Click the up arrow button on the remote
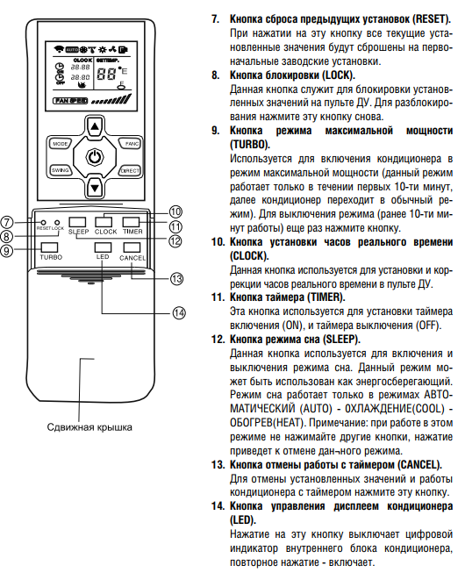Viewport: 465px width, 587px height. (95, 126)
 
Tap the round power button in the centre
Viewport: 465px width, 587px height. (95, 157)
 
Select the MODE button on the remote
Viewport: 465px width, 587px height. (60, 144)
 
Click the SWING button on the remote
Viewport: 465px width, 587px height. (60, 170)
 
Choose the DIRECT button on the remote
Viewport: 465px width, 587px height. (130, 171)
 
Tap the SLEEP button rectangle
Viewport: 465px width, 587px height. (77, 222)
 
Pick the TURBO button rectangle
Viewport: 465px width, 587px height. (49, 247)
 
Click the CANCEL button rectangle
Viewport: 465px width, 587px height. (132, 247)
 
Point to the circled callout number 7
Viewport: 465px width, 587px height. (7, 222)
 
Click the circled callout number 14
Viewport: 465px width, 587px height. (179, 312)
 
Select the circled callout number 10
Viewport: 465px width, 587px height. (175, 211)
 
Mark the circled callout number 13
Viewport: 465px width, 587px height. (176, 279)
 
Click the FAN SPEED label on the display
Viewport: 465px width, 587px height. (70, 101)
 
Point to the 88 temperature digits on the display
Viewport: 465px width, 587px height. (106, 74)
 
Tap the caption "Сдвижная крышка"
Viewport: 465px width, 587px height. (89, 427)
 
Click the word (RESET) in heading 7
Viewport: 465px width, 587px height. (431, 18)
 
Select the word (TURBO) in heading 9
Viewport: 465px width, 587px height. (250, 145)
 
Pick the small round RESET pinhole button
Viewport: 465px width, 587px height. (43, 222)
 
